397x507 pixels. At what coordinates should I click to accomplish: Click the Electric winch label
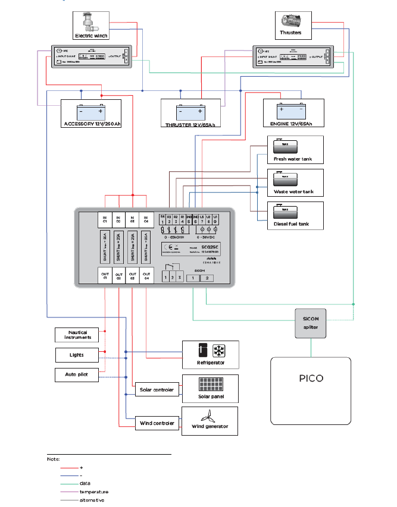pyautogui.click(x=92, y=36)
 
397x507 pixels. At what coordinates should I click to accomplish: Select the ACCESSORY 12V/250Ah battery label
pyautogui.click(x=91, y=124)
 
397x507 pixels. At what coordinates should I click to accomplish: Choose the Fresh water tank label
pyautogui.click(x=289, y=159)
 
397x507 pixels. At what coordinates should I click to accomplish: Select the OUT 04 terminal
pyautogui.click(x=146, y=275)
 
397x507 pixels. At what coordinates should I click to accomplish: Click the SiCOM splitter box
pyautogui.click(x=311, y=323)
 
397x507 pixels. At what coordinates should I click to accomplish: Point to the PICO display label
pyautogui.click(x=310, y=377)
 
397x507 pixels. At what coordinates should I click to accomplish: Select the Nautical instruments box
pyautogui.click(x=77, y=335)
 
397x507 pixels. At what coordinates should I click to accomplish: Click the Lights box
pyautogui.click(x=77, y=355)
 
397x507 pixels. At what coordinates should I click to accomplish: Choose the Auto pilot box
pyautogui.click(x=77, y=375)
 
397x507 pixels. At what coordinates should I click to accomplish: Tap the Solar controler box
pyautogui.click(x=156, y=390)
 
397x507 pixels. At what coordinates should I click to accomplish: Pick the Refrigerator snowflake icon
pyautogui.click(x=218, y=349)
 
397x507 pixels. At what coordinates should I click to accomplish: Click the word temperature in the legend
pyautogui.click(x=93, y=492)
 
